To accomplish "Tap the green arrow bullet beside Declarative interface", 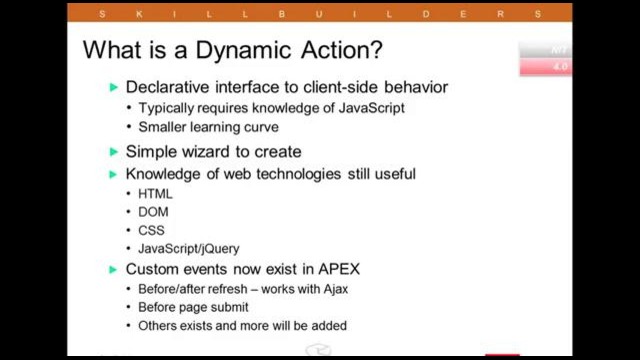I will (x=114, y=88).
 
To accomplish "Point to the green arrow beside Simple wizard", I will (x=114, y=152).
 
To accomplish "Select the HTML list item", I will (x=155, y=193).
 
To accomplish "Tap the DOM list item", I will (x=154, y=212).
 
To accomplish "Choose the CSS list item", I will (x=152, y=230).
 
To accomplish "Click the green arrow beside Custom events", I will (x=114, y=270).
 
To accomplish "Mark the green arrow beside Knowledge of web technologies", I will (x=114, y=174).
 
